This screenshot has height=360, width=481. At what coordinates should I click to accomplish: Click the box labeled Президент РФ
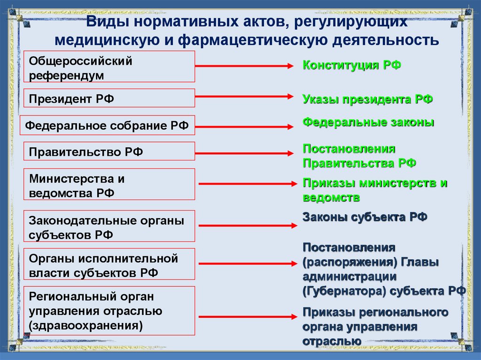109,98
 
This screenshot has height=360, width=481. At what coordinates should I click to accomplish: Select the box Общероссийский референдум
109,67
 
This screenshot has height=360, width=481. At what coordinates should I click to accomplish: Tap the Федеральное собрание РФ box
107,125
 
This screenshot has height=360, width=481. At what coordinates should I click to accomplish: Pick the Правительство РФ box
109,151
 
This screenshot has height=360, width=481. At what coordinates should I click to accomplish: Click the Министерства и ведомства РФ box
109,184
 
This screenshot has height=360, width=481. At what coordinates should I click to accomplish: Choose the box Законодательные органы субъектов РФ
109,226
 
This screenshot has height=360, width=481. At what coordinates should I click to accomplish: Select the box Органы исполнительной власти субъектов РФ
109,265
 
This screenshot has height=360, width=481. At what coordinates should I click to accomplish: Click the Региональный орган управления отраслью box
109,311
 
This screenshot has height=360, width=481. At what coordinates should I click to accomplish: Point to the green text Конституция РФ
351,65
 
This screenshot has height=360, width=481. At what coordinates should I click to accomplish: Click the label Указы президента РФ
367,100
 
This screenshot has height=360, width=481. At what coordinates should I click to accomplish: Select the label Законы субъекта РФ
365,217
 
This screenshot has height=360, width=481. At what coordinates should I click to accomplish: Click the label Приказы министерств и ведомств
374,190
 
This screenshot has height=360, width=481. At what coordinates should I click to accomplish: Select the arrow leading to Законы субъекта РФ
248,226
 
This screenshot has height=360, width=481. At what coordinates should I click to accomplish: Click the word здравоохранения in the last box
86,325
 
